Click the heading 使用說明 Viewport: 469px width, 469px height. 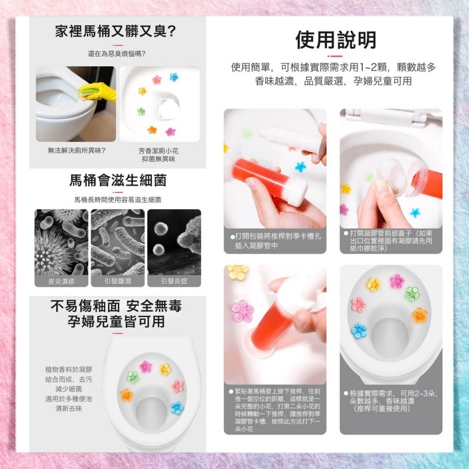(336, 40)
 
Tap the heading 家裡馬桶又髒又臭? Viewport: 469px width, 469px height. (115, 31)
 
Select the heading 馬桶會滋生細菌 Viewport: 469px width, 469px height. (118, 180)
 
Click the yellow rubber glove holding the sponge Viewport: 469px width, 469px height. (99, 91)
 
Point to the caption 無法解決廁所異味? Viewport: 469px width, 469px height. (77, 151)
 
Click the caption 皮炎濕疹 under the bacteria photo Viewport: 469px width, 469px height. (61, 281)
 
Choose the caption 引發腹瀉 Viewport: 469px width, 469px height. (118, 281)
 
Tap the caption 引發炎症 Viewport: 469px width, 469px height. (174, 281)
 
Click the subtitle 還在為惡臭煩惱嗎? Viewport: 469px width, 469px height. (117, 54)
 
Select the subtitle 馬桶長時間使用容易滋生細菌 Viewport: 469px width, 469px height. (118, 200)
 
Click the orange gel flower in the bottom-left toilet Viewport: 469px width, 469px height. (127, 395)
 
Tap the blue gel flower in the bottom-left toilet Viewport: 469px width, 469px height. (177, 408)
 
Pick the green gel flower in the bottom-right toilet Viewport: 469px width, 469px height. (413, 294)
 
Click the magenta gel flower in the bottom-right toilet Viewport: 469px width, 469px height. (397, 281)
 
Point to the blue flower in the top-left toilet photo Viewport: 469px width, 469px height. (174, 77)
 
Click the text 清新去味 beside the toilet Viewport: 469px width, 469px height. (69, 409)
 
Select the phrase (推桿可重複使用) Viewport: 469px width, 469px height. (381, 409)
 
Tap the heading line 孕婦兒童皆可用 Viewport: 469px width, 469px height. (116, 322)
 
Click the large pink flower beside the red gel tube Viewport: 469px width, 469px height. (242, 311)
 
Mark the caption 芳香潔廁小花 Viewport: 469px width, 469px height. (158, 151)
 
